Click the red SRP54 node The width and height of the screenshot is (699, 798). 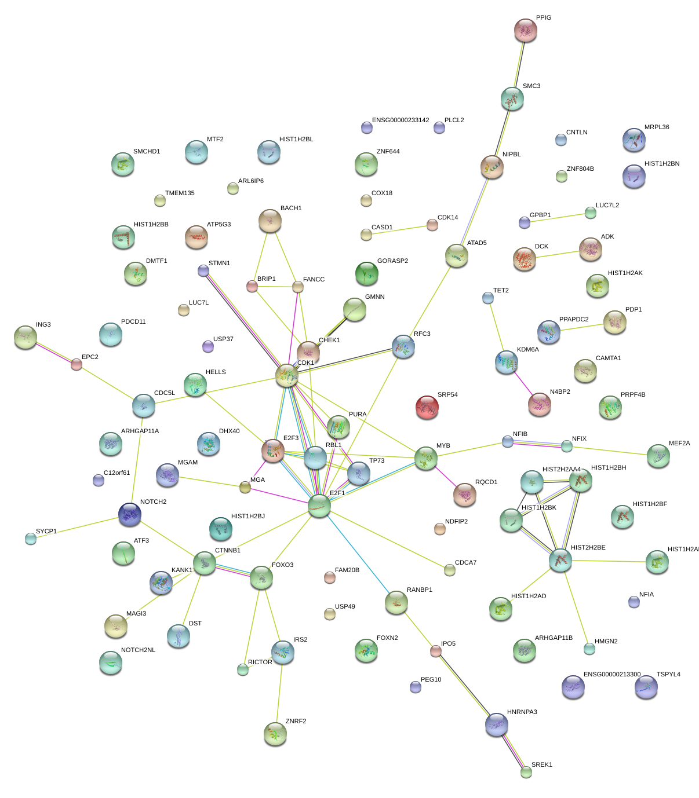[427, 407]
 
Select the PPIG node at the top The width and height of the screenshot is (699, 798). [526, 30]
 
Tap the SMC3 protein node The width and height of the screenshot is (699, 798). [512, 99]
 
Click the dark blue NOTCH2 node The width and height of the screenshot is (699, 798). [130, 514]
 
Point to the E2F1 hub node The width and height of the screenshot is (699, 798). [319, 506]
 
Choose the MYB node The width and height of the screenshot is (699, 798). [426, 458]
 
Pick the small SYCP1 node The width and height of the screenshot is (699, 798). [31, 539]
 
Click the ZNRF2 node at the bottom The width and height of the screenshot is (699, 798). [275, 734]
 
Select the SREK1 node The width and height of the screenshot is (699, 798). [526, 771]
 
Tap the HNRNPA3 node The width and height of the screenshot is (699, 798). [497, 724]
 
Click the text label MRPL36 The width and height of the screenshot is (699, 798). [657, 127]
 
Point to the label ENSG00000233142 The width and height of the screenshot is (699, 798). [401, 120]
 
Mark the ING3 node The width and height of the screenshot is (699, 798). [26, 337]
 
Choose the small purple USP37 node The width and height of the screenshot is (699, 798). [207, 346]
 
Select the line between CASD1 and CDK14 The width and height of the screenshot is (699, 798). [399, 230]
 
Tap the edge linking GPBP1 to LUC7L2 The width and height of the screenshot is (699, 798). [557, 217]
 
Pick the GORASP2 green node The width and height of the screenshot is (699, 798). [366, 273]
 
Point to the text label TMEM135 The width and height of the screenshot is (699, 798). [180, 193]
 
